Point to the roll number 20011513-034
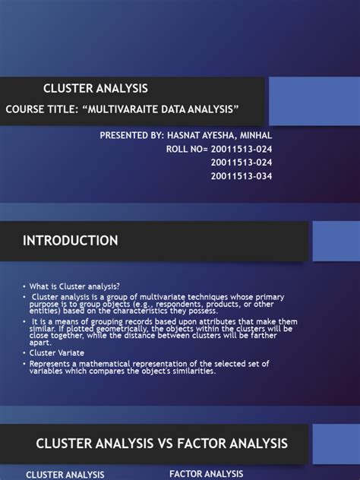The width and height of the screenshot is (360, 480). pos(241,176)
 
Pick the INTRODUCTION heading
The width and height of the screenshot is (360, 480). pos(70,241)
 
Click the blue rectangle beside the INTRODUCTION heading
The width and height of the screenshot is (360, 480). pos(336,241)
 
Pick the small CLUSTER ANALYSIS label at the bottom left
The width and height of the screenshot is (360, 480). pos(65,475)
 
